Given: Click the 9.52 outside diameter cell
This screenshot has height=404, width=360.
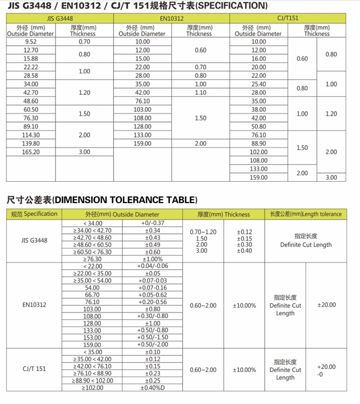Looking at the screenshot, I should [x=30, y=41].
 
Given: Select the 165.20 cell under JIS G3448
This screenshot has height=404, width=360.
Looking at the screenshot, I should [x=30, y=152].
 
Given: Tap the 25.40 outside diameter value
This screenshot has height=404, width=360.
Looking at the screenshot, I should [x=258, y=84].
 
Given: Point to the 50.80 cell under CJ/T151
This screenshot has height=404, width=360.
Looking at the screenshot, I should [x=258, y=126].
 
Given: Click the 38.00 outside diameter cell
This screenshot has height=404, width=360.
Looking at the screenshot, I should [x=258, y=110].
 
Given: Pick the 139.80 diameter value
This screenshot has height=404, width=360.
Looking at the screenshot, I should [x=30, y=143].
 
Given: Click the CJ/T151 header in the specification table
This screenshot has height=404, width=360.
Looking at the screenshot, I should [x=288, y=19].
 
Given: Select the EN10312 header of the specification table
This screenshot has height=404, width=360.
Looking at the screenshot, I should [x=172, y=19].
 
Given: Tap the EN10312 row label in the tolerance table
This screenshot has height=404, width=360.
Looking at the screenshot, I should [x=34, y=305].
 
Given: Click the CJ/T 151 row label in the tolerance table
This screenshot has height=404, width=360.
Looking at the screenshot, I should [x=34, y=370].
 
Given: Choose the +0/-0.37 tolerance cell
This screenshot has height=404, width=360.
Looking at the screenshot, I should [x=152, y=224].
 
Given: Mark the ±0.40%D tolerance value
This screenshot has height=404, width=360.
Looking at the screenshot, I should [x=152, y=388].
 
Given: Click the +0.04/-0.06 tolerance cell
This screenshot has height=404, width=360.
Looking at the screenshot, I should [x=152, y=266].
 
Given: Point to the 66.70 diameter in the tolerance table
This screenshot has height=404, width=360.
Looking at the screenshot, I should [x=92, y=295].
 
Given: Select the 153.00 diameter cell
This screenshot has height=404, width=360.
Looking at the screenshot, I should [x=92, y=337].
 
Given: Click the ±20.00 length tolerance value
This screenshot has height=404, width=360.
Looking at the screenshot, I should [x=326, y=305].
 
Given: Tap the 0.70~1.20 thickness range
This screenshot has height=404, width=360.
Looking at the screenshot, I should [x=204, y=232].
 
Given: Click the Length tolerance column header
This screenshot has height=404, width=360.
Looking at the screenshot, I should [x=306, y=214].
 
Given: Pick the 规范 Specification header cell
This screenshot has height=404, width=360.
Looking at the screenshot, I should [x=34, y=214].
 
